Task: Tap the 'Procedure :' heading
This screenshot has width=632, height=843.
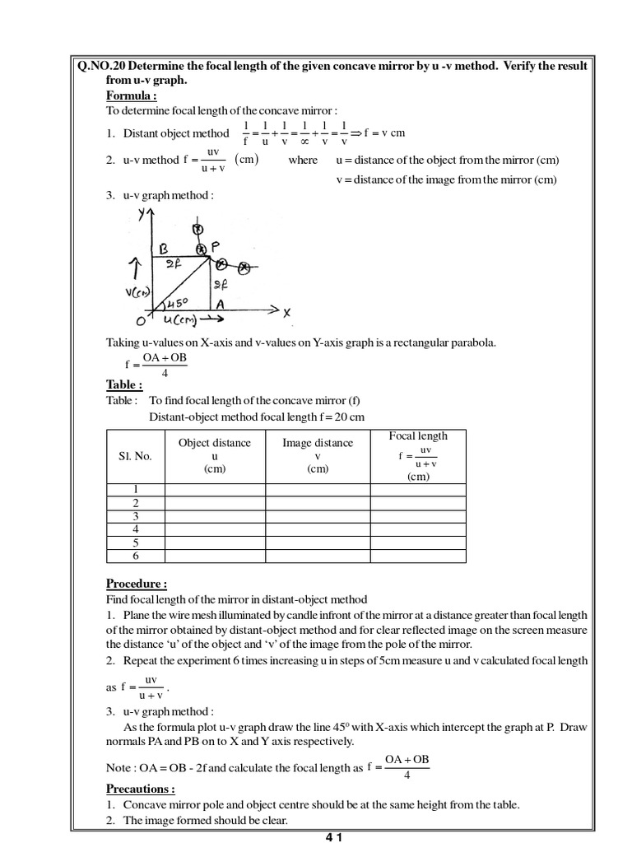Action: [x=137, y=584]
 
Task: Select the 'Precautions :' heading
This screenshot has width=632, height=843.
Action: [x=140, y=788]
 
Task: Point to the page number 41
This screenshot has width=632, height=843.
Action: [x=333, y=836]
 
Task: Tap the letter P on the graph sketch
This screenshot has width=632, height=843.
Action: [x=216, y=245]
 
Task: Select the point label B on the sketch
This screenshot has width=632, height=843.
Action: [x=164, y=246]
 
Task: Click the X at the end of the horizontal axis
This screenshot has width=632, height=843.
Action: [x=287, y=312]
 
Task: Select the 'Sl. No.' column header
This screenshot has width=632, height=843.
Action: [x=135, y=456]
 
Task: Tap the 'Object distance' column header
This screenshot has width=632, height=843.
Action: [x=215, y=443]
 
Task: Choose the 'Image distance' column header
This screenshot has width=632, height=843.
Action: [x=318, y=443]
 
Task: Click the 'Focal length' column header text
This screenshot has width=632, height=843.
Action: [x=418, y=435]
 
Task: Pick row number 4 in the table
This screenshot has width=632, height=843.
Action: [x=135, y=529]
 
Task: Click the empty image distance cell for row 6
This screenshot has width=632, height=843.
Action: [x=318, y=556]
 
